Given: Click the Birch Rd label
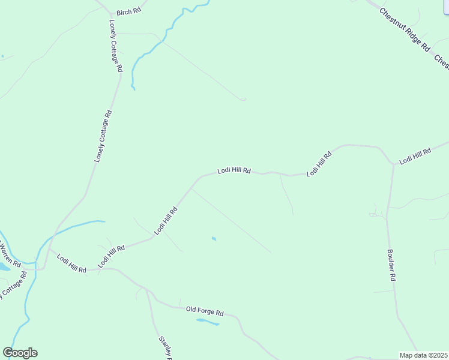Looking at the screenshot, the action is tap(128, 12).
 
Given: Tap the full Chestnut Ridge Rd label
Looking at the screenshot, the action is tap(405, 29).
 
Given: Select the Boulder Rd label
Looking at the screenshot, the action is tap(391, 265).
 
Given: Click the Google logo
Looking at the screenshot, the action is tap(20, 353).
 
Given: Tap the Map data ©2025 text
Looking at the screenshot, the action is tap(423, 355).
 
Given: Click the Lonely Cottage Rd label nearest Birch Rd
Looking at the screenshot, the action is tap(116, 46).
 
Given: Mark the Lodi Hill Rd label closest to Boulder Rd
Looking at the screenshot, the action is tap(415, 155).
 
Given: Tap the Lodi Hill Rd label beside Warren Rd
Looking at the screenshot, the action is tap(71, 263).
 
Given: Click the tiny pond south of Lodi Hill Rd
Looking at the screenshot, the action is tap(214, 239).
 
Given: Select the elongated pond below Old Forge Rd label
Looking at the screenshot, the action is tap(208, 322).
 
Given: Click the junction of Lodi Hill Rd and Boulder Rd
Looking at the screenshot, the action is tap(394, 164).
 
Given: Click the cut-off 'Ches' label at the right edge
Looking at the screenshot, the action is tap(441, 61).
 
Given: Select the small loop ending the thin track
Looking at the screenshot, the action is tap(243, 99).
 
